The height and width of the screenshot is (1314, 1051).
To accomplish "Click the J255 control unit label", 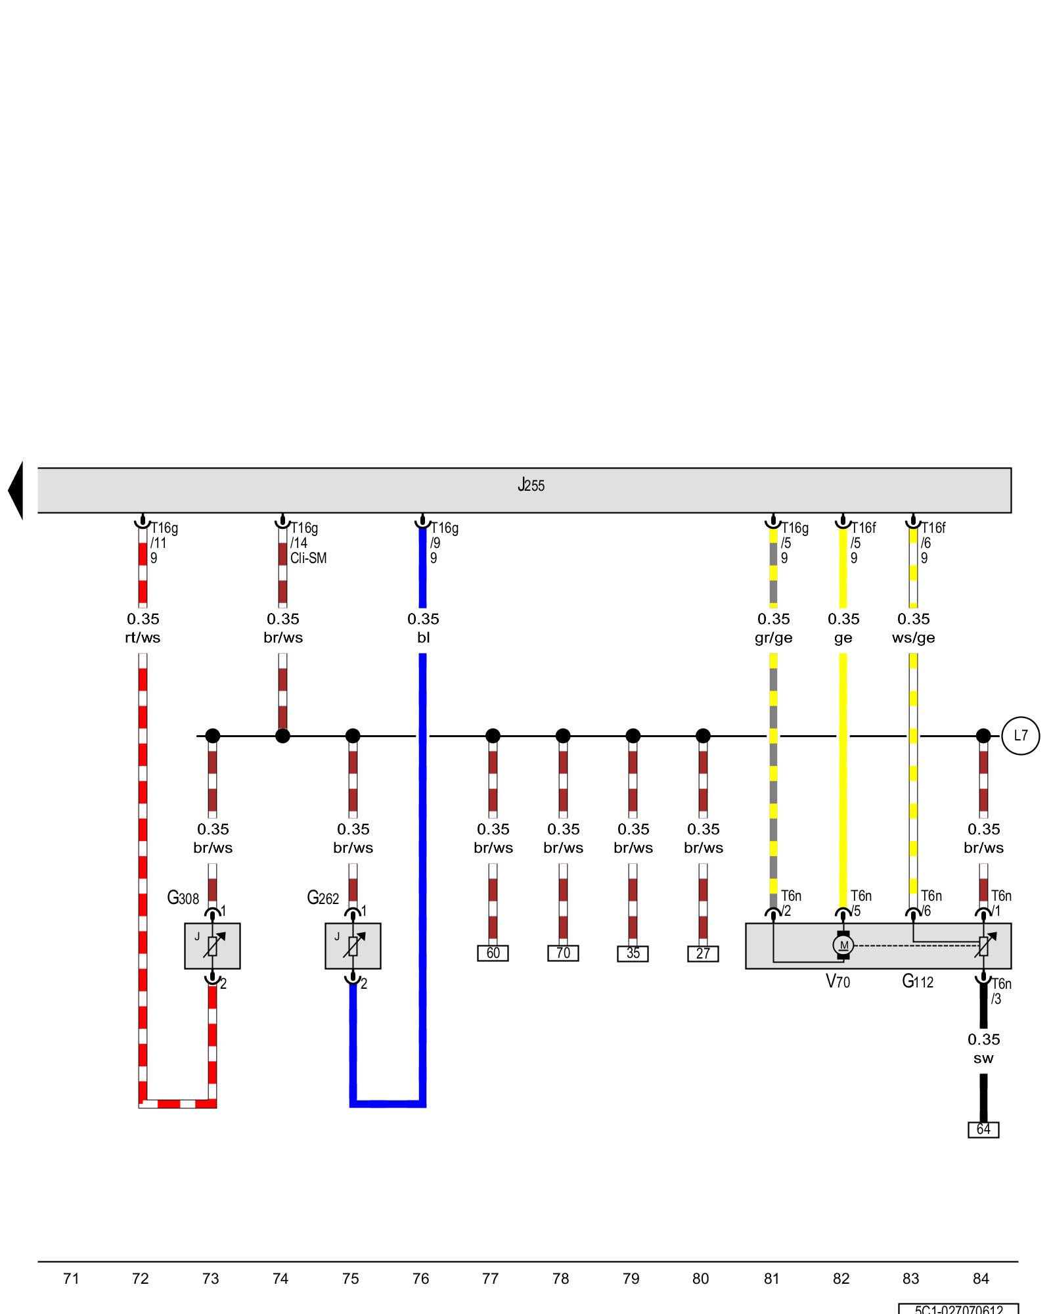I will pyautogui.click(x=531, y=486).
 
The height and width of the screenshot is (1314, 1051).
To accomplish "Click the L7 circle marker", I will pyautogui.click(x=1020, y=736).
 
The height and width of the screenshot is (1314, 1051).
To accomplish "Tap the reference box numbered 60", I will pyautogui.click(x=493, y=953).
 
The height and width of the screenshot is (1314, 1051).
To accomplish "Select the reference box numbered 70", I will pyautogui.click(x=563, y=953).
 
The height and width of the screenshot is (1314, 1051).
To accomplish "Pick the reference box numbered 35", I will pyautogui.click(x=633, y=954).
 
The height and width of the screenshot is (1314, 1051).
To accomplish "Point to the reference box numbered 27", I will pyautogui.click(x=703, y=954).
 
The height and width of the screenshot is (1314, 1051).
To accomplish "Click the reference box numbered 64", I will pyautogui.click(x=983, y=1129).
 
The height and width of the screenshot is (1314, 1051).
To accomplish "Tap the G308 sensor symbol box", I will pyautogui.click(x=212, y=946).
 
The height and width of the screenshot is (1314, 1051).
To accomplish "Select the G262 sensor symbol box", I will pyautogui.click(x=353, y=946).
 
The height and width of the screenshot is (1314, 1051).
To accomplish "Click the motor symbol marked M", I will pyautogui.click(x=843, y=945).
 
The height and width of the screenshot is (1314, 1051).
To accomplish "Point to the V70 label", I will pyautogui.click(x=838, y=982).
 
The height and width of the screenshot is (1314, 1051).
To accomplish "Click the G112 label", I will pyautogui.click(x=918, y=982).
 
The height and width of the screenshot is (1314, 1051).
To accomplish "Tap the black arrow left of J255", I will pyautogui.click(x=16, y=490).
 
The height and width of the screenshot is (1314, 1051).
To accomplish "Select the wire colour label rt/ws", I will pyautogui.click(x=143, y=638).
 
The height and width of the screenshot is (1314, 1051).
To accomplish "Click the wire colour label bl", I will pyautogui.click(x=423, y=638).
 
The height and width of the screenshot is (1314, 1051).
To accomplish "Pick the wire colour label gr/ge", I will pyautogui.click(x=773, y=638).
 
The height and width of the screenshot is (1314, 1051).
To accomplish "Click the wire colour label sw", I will pyautogui.click(x=983, y=1058).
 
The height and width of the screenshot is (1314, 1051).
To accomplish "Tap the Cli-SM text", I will pyautogui.click(x=308, y=558).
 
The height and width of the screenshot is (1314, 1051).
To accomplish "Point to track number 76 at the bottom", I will pyautogui.click(x=420, y=1279).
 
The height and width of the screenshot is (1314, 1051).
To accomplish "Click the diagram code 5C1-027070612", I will pyautogui.click(x=958, y=1309).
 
